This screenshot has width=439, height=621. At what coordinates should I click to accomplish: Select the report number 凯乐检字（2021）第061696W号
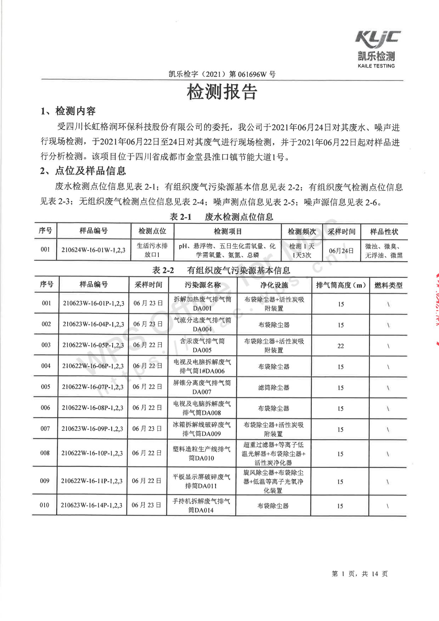(x=222, y=74)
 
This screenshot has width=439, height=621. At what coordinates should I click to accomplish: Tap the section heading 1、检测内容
(x=68, y=111)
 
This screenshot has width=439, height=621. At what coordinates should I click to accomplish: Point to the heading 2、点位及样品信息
(x=83, y=171)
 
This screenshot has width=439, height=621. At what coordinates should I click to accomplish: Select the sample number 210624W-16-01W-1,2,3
(x=93, y=250)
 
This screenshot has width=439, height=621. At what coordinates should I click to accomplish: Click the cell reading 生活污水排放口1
(x=152, y=250)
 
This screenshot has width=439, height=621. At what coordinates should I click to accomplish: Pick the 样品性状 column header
(x=384, y=232)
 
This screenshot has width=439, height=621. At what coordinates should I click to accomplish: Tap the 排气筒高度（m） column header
(x=341, y=285)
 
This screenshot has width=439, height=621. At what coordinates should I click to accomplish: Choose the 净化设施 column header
(x=274, y=285)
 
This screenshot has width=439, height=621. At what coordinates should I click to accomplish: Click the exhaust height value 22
(x=341, y=346)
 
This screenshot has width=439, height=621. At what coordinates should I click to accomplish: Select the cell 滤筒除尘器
(x=274, y=388)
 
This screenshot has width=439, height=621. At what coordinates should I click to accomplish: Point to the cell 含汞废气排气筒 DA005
(x=202, y=345)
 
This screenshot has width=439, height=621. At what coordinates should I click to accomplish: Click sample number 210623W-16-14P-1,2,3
(x=92, y=505)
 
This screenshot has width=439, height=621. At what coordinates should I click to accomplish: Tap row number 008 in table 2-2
(x=45, y=453)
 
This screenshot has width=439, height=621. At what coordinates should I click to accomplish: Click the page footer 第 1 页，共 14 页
(x=360, y=574)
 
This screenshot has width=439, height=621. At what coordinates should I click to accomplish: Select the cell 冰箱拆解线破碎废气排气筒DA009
(x=202, y=429)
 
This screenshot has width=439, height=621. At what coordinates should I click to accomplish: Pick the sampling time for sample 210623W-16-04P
(x=148, y=324)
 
